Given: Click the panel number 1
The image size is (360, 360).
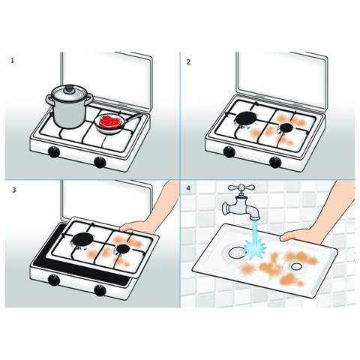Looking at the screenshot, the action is coord(12,60).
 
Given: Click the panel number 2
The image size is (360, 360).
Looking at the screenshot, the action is coord(188,61).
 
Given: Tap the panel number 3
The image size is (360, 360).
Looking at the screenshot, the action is coord(13,190).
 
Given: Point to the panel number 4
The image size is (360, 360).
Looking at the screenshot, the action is coord(188,188).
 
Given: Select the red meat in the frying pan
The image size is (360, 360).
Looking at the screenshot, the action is coord(111,120).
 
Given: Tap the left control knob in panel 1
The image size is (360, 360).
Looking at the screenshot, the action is coord(54,152).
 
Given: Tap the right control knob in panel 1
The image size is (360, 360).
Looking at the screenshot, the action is coord(100,162).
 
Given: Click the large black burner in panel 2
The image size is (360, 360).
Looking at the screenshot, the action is coord(246,118).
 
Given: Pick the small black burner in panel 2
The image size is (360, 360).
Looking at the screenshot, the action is coord(286,127).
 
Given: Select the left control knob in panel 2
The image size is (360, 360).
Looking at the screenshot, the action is coord(229,151).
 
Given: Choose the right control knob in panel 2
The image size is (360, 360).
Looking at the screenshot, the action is coord(275,162).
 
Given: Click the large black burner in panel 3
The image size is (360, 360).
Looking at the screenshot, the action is coord(83,239).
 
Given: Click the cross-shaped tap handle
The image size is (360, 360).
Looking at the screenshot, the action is coord(241,187).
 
